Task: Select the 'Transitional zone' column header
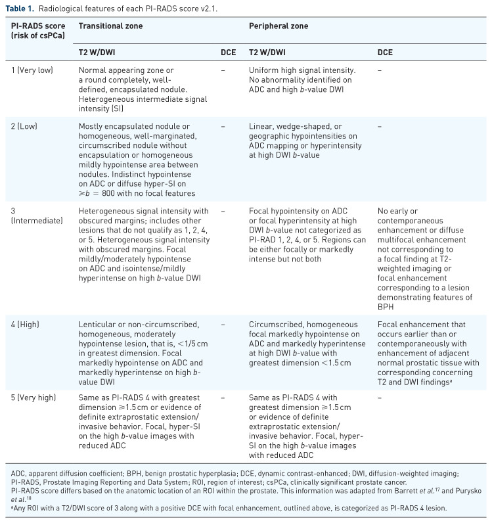[111, 26]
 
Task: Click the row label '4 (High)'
[30, 324]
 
